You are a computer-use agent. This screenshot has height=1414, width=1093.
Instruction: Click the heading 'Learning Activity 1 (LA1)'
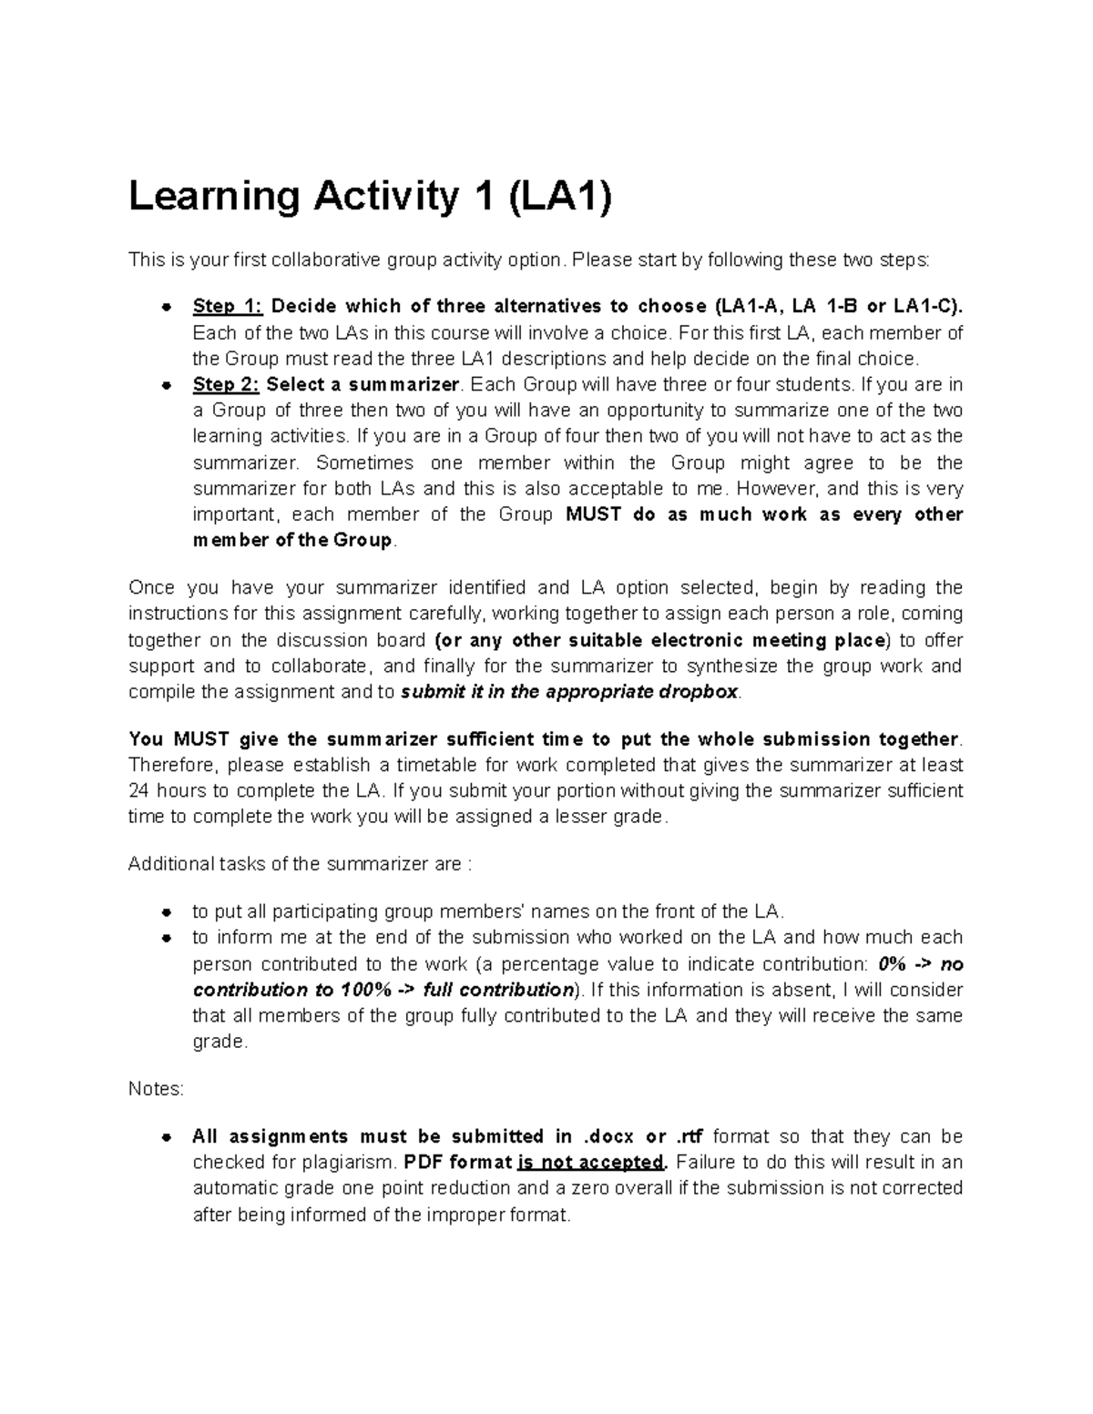tap(370, 198)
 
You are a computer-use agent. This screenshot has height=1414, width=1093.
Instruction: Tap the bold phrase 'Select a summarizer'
tap(363, 384)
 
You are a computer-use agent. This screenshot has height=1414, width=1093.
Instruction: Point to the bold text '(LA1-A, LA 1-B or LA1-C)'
tap(838, 306)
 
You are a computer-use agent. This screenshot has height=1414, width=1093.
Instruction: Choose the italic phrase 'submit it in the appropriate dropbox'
tap(570, 692)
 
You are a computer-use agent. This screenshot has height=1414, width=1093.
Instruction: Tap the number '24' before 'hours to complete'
tap(139, 791)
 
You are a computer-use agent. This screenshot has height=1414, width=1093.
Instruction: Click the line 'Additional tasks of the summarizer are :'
tap(300, 864)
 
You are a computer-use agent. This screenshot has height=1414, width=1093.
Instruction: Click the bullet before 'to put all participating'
tap(166, 912)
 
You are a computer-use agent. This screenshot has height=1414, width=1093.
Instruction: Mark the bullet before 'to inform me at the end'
tap(166, 938)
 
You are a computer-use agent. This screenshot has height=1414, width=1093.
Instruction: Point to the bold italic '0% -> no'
tap(920, 964)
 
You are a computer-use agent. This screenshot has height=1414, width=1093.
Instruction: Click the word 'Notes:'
tap(156, 1089)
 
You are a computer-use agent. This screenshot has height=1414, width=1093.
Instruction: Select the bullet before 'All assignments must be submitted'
tap(166, 1137)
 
